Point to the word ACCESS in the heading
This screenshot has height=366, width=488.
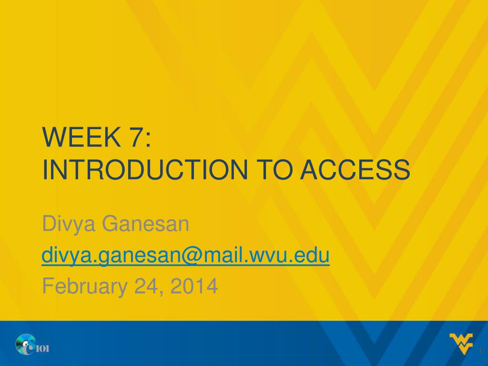pos(355,170)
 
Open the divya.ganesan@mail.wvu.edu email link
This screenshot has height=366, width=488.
pos(186,256)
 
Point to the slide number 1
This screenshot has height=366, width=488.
pos(480,351)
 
